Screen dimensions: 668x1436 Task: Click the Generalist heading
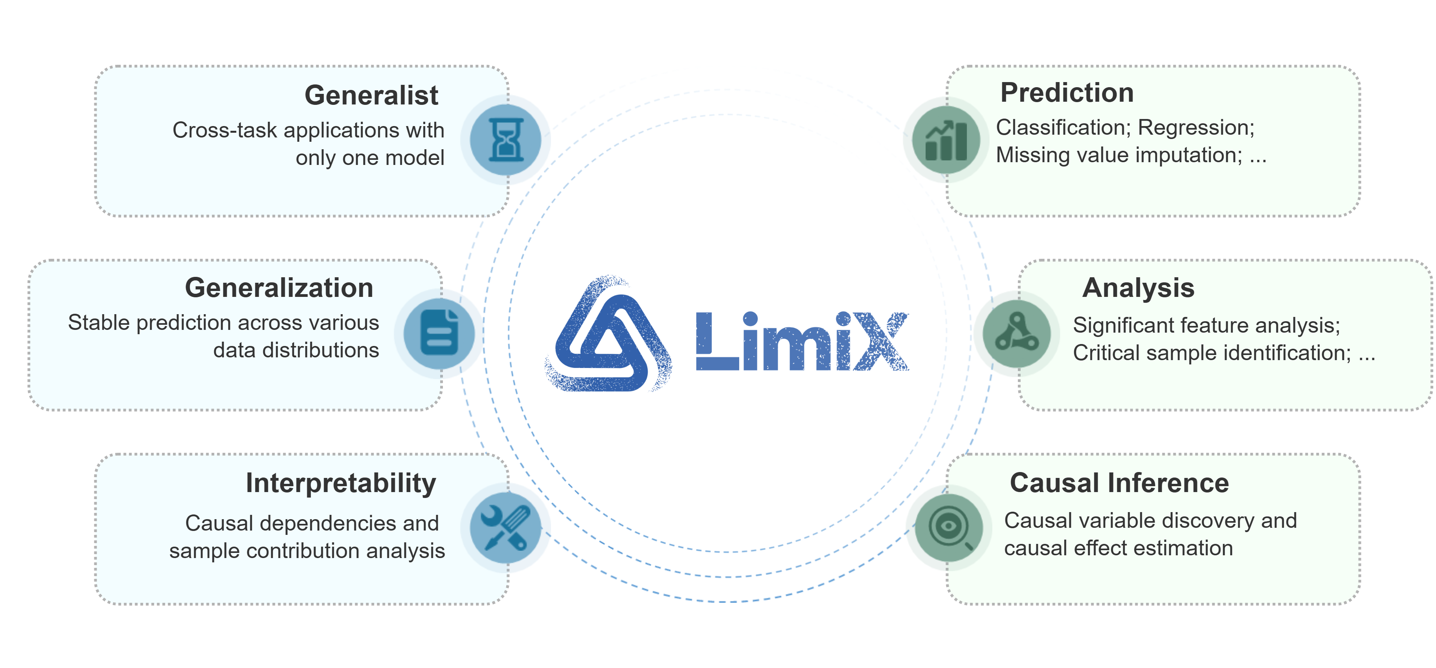coord(371,95)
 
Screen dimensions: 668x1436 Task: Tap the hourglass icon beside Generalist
coord(506,140)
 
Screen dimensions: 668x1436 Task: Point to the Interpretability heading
coord(341,483)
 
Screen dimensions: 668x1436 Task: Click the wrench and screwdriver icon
coord(506,527)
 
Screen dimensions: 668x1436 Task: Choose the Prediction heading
coord(1067,93)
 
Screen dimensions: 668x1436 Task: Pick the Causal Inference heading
coord(1119,483)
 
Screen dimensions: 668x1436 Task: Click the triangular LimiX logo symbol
coord(609,334)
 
